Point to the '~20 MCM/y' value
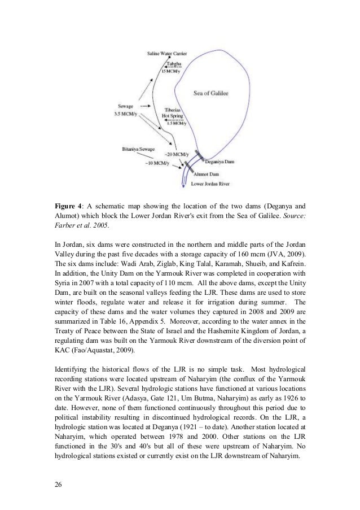pos(177,154)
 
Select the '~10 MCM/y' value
pos(157,163)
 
